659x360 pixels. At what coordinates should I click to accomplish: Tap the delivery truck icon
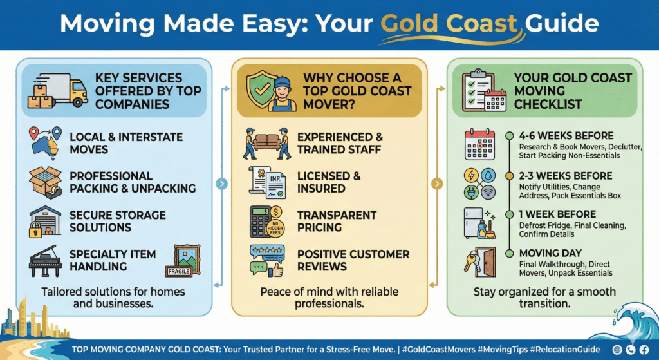click(x=57, y=92)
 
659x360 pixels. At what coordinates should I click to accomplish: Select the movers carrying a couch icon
click(x=267, y=143)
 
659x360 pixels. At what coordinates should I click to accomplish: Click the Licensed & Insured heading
click(x=328, y=182)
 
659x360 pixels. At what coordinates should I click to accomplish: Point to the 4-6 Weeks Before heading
click(x=566, y=136)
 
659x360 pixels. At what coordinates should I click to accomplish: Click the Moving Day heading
click(x=550, y=253)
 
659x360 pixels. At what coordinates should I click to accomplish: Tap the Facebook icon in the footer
click(x=647, y=349)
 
